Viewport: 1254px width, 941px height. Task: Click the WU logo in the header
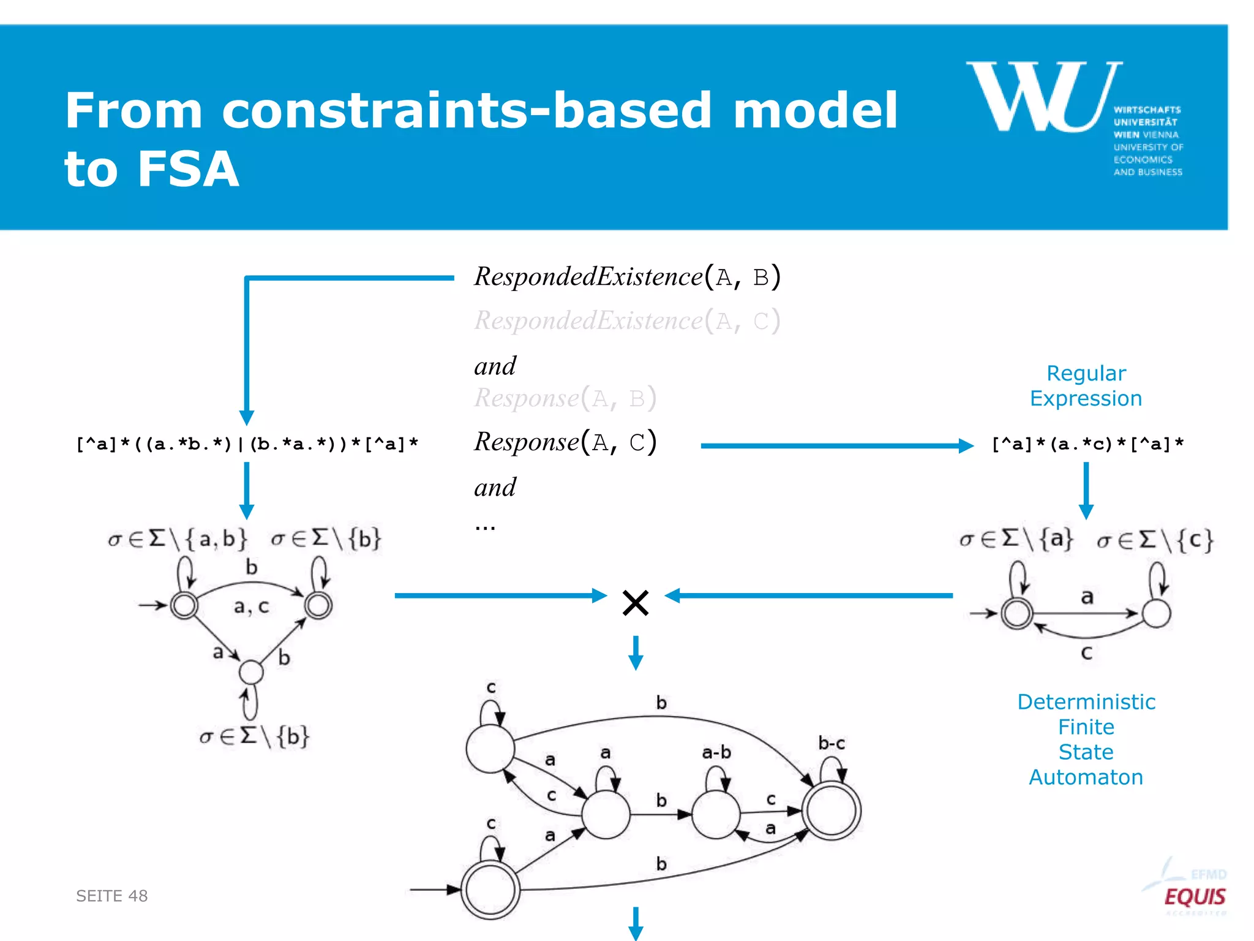tap(1045, 98)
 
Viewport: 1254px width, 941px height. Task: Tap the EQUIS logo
tap(1194, 897)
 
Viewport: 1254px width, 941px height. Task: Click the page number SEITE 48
tap(111, 896)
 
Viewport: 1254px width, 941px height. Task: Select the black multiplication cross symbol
tap(635, 603)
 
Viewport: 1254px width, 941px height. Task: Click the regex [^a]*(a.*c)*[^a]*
tap(1087, 444)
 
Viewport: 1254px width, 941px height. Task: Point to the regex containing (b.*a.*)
tap(247, 444)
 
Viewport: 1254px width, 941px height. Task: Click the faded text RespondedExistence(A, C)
tap(627, 321)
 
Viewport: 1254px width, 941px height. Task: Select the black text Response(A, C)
tap(565, 442)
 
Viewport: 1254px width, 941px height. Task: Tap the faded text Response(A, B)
tap(565, 398)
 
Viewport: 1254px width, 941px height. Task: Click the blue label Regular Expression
tap(1086, 386)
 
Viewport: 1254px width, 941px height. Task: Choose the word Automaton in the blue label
tap(1086, 777)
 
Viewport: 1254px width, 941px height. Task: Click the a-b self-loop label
tap(716, 752)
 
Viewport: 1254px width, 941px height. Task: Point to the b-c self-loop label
tap(832, 744)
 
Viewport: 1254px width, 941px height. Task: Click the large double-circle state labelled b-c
tap(832, 811)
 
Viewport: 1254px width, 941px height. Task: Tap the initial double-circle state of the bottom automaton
tap(490, 890)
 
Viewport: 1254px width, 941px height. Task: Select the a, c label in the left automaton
tap(251, 607)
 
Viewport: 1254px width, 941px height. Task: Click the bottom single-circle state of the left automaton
tap(251, 672)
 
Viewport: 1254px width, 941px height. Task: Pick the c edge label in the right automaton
tap(1087, 653)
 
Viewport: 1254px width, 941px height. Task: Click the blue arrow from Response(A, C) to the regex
tap(836, 445)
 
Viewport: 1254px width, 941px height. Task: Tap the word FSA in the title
tap(187, 169)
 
